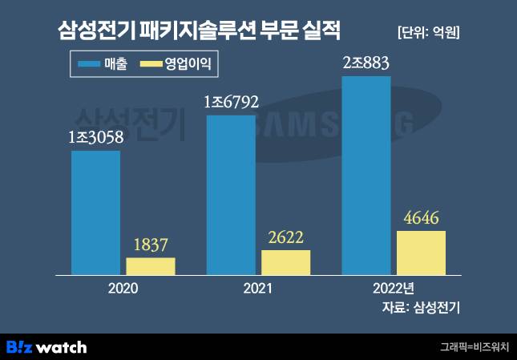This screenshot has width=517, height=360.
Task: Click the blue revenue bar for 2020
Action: [x=95, y=212]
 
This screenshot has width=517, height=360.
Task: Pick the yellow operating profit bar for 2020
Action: [x=151, y=266]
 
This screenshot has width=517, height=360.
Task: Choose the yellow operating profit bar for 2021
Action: [x=286, y=262]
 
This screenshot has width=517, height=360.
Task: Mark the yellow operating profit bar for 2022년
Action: [x=421, y=253]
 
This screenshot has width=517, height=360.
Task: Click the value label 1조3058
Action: [x=96, y=138]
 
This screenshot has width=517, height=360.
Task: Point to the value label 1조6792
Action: [x=232, y=103]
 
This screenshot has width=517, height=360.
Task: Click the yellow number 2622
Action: [x=286, y=237]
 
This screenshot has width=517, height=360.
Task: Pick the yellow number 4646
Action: [x=422, y=218]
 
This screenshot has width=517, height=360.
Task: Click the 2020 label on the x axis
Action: [x=123, y=288]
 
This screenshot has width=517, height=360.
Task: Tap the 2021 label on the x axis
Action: [x=259, y=288]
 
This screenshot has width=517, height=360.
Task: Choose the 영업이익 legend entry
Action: [x=176, y=63]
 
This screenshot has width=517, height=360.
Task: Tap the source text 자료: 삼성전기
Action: [x=424, y=307]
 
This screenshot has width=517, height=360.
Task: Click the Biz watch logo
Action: [x=46, y=347]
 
